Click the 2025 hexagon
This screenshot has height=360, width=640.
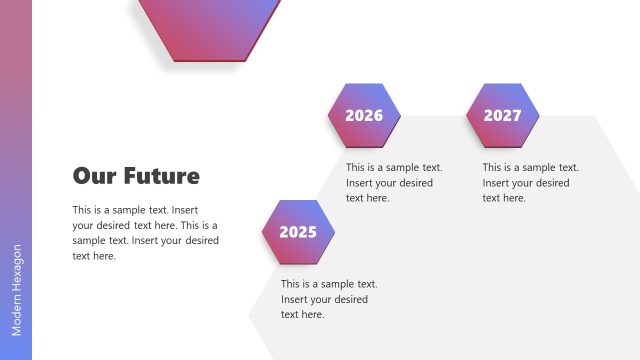pos(298,232)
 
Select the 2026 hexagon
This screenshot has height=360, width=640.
pos(364,115)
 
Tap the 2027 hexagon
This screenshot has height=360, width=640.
pos(502,115)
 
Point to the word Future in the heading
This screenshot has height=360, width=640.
pos(161,176)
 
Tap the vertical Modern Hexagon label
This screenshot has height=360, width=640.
pos(17,290)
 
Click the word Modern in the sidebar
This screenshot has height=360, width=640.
pos(17,314)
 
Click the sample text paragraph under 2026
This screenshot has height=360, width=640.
pos(394,183)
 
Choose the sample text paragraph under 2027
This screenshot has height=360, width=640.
pos(530,183)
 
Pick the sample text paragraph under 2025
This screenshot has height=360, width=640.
pos(328,299)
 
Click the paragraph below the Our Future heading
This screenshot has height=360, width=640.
pos(145,233)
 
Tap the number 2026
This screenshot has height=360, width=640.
pos(364,115)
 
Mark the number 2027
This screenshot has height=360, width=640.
pos(502,115)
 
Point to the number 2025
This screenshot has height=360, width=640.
pos(298,232)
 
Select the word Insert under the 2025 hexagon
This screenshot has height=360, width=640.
pos(297,299)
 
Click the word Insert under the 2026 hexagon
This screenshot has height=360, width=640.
pos(362,183)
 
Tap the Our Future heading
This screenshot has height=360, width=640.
pos(136,176)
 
